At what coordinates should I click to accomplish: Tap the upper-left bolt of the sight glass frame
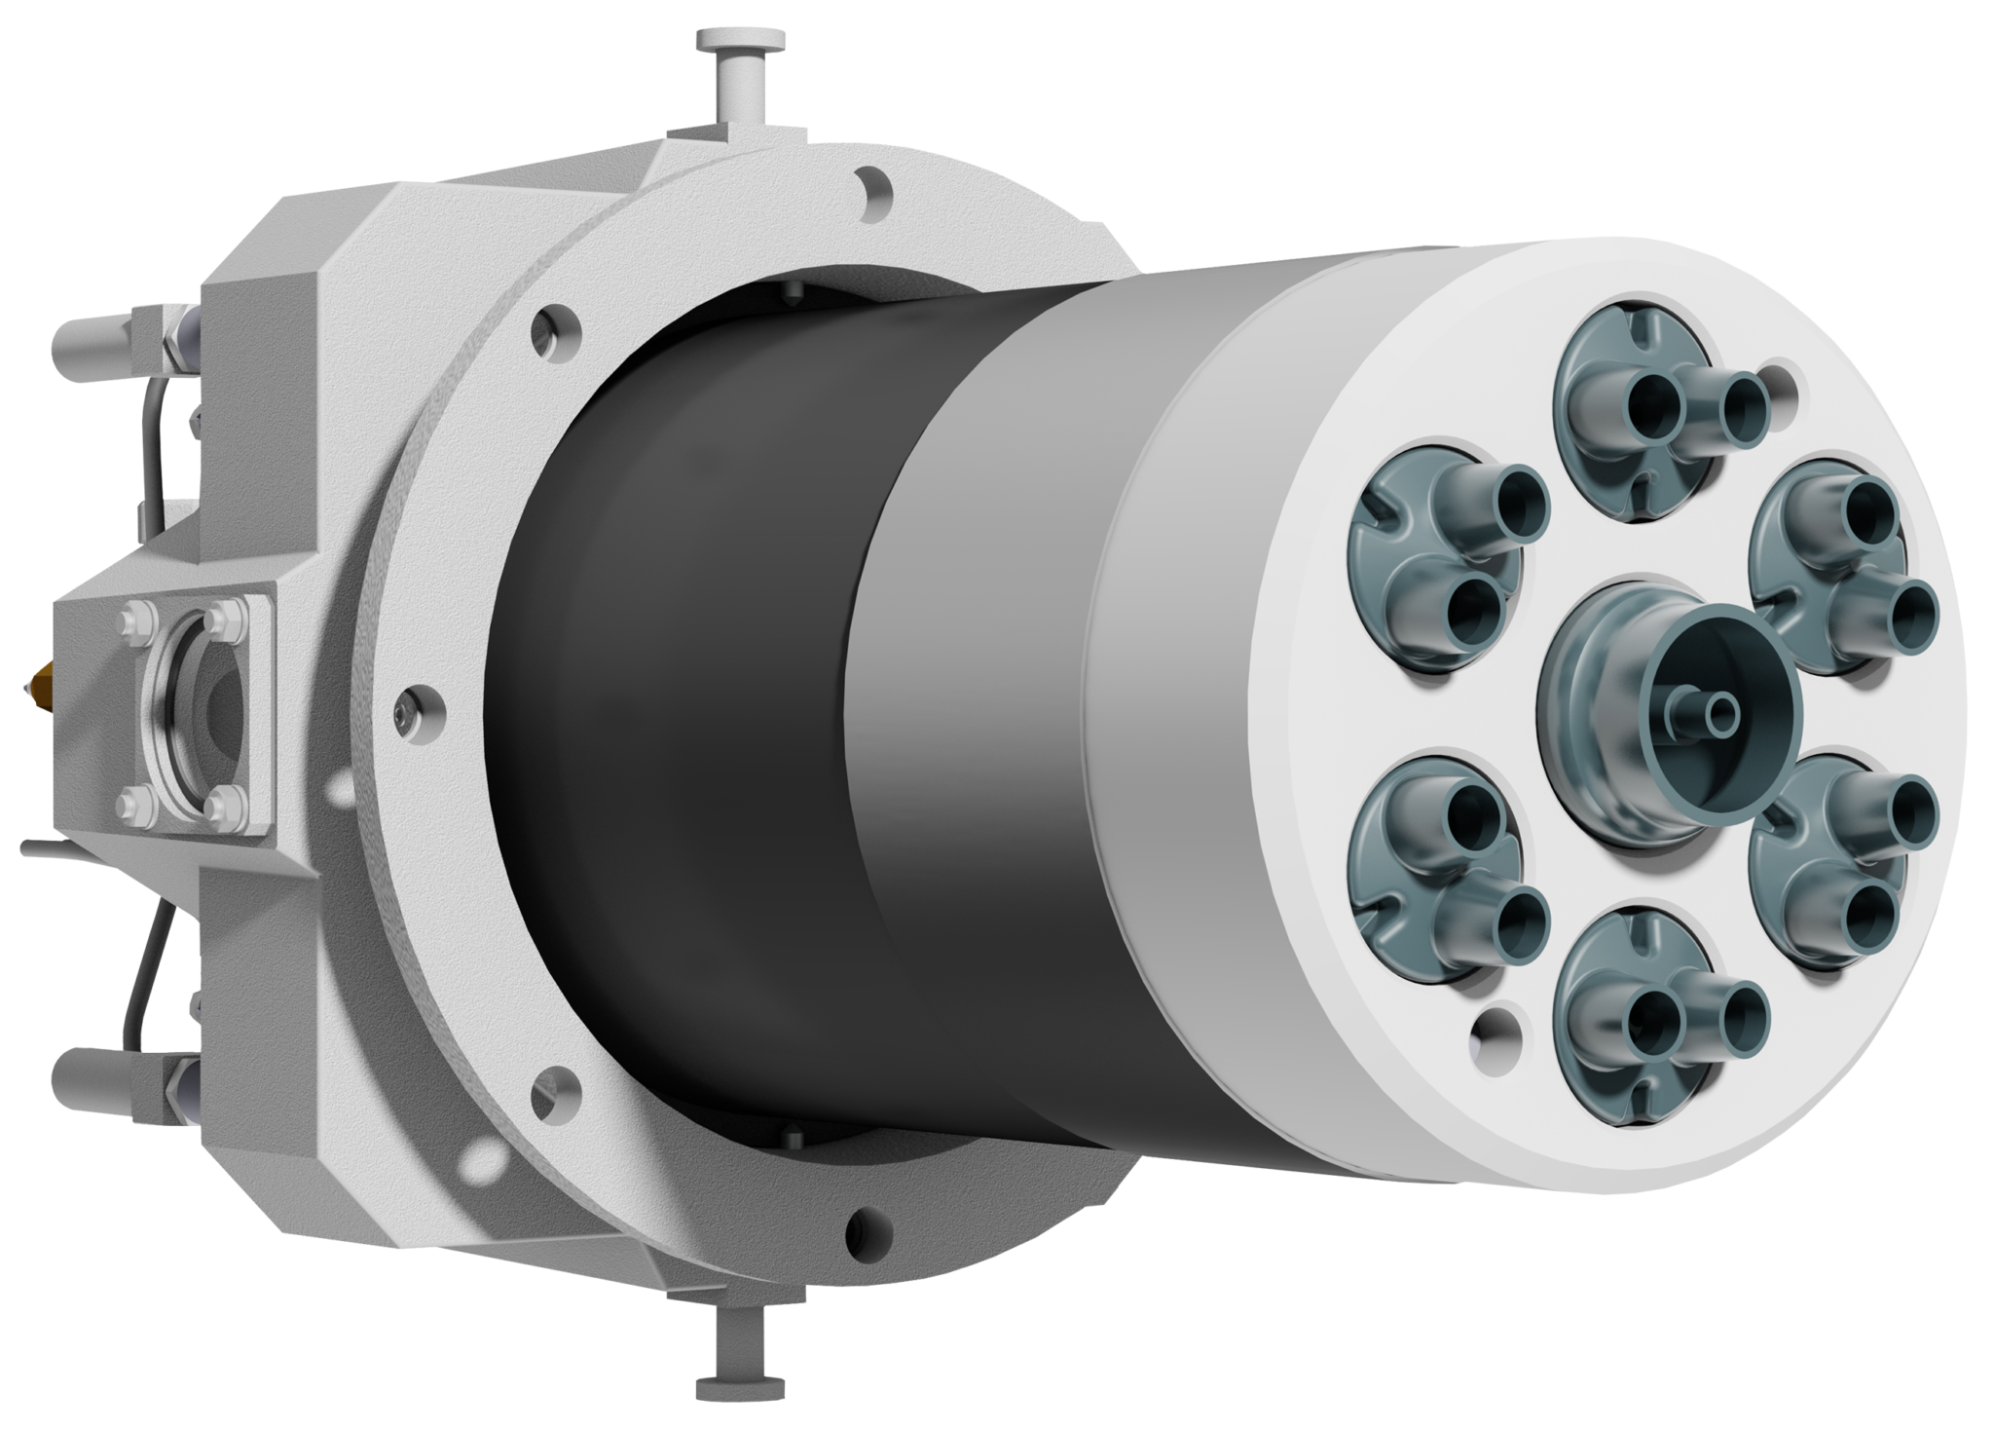135,620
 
